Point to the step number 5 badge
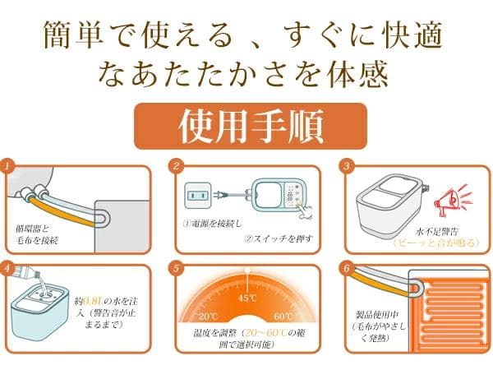pos(176,268)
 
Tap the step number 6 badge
pos(346,268)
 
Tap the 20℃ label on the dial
pos(207,316)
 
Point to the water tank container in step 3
pos(385,202)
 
